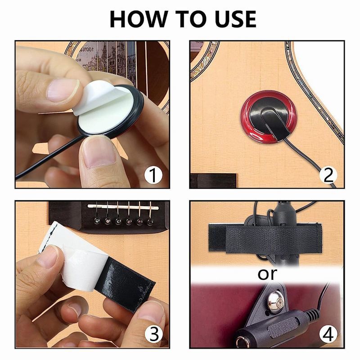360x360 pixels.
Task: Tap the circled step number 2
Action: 329,175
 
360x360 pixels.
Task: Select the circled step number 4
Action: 329,334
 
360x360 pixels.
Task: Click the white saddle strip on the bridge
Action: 123,207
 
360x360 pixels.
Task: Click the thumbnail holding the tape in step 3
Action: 47,256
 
